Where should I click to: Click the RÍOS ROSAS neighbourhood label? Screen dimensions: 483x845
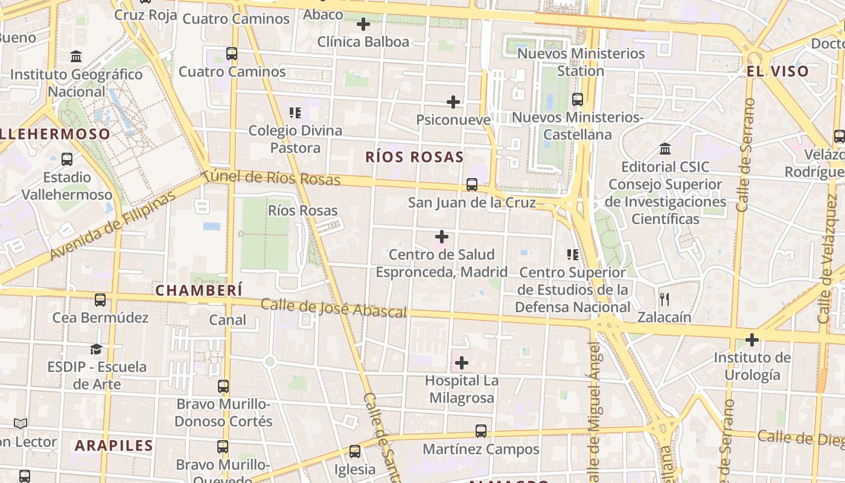[414, 158]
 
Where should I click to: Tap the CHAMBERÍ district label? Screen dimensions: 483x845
[199, 290]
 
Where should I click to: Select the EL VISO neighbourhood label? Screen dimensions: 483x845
[777, 71]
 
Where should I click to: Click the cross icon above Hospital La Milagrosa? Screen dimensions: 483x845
[462, 363]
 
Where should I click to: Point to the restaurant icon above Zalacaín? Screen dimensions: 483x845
[665, 299]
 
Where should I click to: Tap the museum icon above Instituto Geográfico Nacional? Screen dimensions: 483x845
[77, 57]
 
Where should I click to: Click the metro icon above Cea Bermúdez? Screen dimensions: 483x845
[100, 299]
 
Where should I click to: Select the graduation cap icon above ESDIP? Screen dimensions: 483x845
[96, 349]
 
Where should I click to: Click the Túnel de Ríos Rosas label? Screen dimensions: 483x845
[271, 178]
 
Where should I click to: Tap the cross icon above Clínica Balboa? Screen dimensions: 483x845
[363, 24]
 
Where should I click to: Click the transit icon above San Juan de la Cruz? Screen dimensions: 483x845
[472, 185]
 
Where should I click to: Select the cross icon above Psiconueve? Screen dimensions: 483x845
[453, 102]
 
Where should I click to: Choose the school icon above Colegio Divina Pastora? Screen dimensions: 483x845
[295, 112]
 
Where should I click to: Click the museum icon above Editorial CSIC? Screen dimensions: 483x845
[665, 149]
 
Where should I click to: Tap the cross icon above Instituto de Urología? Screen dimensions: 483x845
[752, 340]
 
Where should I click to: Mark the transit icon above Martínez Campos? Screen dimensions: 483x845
[481, 431]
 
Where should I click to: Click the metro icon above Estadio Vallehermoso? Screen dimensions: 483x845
[67, 159]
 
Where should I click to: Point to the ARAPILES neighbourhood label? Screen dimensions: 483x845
[114, 446]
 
